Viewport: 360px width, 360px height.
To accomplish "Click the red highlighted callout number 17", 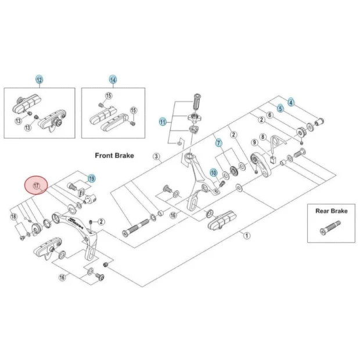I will click(36, 186).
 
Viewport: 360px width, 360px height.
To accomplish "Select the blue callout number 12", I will click(39, 80).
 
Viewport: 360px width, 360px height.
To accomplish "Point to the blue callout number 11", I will click(163, 122).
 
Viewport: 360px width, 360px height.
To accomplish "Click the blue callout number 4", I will click(291, 102).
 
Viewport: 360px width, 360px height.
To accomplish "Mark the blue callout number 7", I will click(219, 142).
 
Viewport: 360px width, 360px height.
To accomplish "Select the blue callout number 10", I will click(213, 173).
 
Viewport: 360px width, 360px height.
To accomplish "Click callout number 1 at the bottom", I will click(246, 236).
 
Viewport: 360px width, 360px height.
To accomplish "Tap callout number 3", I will click(156, 156).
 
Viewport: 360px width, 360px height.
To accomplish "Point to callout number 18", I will click(14, 217).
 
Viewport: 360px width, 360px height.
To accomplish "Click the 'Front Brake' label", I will click(114, 156).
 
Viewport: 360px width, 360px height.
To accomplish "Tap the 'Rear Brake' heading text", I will click(331, 211).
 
